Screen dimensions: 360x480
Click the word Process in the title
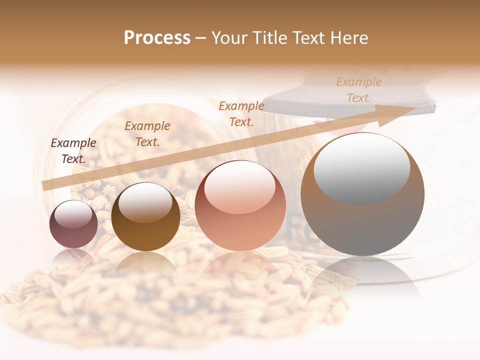click(157, 38)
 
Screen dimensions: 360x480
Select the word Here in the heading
click(348, 38)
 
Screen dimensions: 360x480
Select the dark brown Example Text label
click(147, 134)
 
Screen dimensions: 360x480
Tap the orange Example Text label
click(241, 113)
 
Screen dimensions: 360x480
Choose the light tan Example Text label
click(359, 90)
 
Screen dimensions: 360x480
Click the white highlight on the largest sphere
click(361, 168)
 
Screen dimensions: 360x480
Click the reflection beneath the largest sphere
click(362, 278)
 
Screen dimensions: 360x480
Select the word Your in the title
click(229, 38)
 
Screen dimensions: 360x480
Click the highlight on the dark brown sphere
click(145, 202)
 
